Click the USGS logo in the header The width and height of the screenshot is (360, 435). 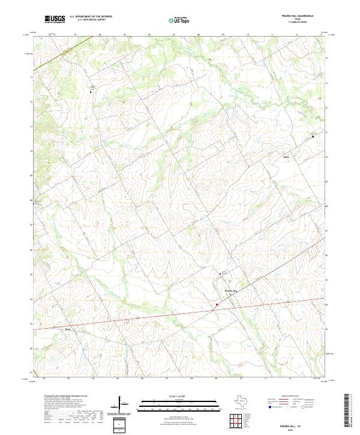(x=55, y=19)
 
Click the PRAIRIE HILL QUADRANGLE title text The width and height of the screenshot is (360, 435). (x=305, y=16)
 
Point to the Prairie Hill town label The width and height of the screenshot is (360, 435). (x=231, y=290)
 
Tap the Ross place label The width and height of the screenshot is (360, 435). (x=67, y=329)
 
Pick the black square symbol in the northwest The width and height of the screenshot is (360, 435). (x=91, y=92)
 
